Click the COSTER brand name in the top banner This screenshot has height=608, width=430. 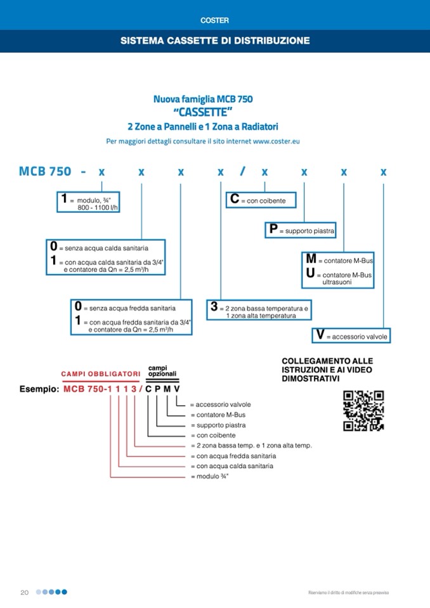214,20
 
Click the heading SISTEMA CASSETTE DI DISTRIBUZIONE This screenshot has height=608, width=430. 215,41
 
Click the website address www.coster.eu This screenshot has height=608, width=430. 276,141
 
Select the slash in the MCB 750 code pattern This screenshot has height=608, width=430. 242,172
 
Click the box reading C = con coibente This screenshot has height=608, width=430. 261,200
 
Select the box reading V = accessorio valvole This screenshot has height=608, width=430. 351,336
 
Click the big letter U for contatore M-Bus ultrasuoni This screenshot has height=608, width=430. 310,274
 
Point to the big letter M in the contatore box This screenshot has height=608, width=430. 311,259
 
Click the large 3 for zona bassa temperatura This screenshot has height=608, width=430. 214,308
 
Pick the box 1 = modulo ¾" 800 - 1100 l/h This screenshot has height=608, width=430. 89,202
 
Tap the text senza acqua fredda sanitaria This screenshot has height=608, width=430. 132,308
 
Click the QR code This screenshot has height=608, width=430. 363,411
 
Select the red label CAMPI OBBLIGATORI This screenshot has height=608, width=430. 100,374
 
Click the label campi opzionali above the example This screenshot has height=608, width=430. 162,371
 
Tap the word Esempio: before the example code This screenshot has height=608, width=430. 39,389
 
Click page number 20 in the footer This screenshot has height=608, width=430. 25,592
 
